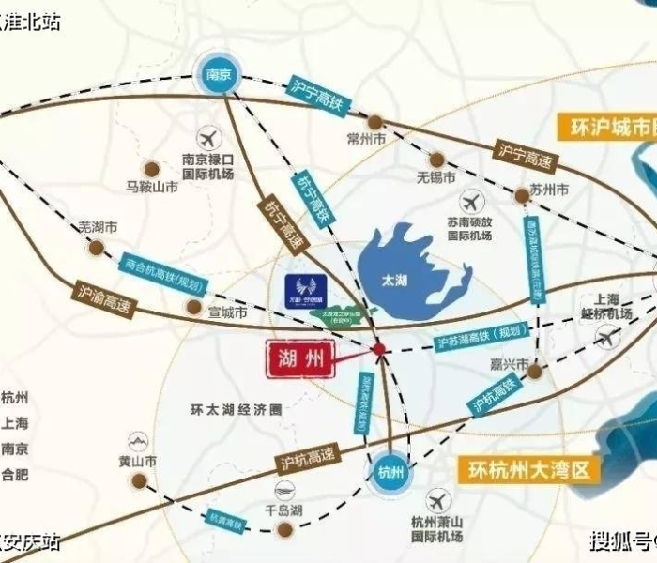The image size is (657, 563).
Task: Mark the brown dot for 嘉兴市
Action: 534,372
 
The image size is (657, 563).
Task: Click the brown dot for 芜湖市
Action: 97,248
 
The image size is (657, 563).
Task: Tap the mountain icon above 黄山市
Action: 137,440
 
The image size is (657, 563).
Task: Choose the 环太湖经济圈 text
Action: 236,410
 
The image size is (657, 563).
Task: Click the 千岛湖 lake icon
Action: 283,489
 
